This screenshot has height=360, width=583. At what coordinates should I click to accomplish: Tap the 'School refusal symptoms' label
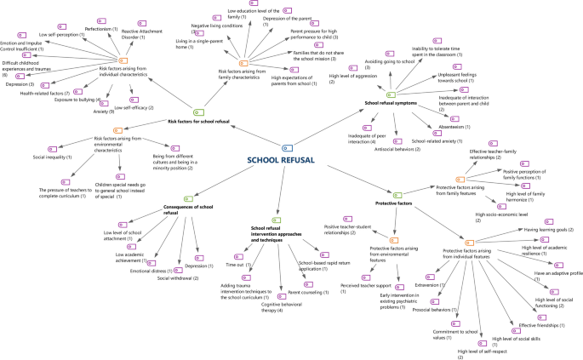[395, 104]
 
